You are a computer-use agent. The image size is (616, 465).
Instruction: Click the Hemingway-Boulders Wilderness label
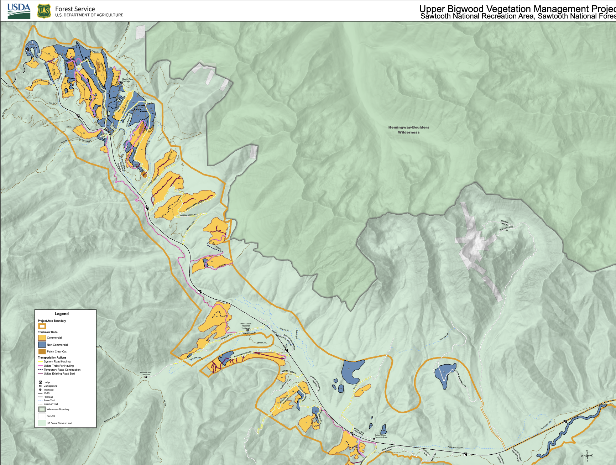point(408,130)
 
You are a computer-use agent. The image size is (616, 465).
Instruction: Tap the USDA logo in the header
point(19,11)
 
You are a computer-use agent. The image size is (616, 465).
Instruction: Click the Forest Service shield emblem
point(44,11)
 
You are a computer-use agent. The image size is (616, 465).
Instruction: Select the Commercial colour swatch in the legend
point(42,338)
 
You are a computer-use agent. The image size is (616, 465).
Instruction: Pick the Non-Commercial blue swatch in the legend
point(42,345)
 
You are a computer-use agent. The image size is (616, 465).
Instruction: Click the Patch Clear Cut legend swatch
point(42,351)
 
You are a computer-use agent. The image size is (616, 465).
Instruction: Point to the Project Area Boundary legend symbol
point(42,326)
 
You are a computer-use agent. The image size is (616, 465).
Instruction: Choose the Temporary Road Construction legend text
point(62,370)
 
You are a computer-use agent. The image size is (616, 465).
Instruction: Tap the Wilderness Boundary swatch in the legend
point(42,409)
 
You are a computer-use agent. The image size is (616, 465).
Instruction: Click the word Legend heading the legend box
point(62,314)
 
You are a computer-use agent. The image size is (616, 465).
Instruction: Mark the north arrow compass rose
point(587,455)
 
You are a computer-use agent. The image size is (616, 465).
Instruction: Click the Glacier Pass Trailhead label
point(127,80)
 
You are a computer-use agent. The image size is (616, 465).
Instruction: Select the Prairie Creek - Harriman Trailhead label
point(245,326)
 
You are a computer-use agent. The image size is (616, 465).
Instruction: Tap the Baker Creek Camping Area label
point(380,436)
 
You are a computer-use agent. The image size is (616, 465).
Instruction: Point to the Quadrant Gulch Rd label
point(242,355)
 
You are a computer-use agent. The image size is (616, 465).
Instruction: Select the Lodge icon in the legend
point(40,382)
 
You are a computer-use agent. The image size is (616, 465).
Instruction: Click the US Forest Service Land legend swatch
point(42,423)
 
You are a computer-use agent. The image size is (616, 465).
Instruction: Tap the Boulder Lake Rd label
point(504,223)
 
